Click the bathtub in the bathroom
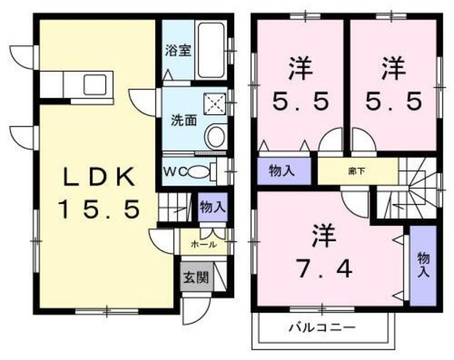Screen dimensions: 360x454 [x=212, y=50]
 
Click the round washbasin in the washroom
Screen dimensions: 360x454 [x=216, y=135]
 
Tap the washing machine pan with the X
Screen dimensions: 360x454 [x=215, y=104]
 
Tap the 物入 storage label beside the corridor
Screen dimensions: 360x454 [x=282, y=171]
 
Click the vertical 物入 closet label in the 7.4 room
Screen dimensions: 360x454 [x=423, y=264]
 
